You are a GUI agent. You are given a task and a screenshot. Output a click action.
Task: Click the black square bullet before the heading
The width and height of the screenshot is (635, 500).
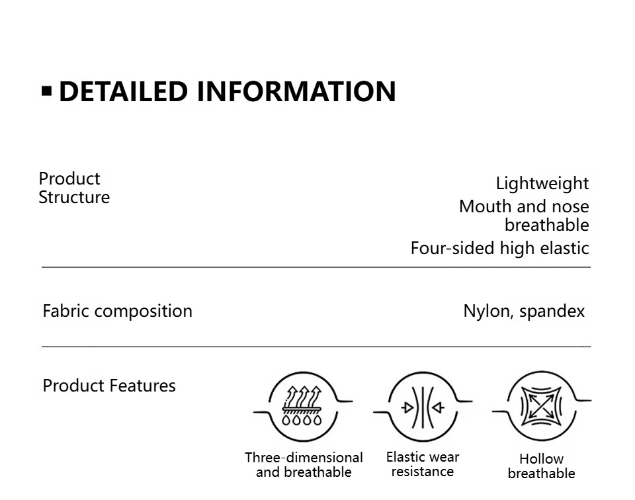pyautogui.click(x=46, y=91)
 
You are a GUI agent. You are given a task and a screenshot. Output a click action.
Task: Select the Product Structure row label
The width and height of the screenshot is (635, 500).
pyautogui.click(x=74, y=188)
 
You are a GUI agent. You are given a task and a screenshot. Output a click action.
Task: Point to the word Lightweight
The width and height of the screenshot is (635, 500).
pyautogui.click(x=542, y=183)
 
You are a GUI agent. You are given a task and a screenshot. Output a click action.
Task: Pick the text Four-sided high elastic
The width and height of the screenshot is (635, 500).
pyautogui.click(x=499, y=248)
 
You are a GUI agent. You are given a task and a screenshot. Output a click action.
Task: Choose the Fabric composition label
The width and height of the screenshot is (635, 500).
pyautogui.click(x=117, y=311)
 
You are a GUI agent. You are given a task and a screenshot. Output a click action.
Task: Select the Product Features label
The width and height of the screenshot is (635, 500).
pyautogui.click(x=109, y=386)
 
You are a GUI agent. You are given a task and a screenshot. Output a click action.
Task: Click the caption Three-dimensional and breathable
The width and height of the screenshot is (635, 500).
pyautogui.click(x=304, y=464)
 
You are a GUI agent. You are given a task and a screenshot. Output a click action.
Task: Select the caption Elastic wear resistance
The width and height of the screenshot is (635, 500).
pyautogui.click(x=422, y=464)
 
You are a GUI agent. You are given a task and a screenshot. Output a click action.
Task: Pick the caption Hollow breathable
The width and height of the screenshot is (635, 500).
pyautogui.click(x=541, y=466)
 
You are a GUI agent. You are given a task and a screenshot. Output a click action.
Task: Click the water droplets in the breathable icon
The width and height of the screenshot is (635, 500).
pyautogui.click(x=302, y=419)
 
